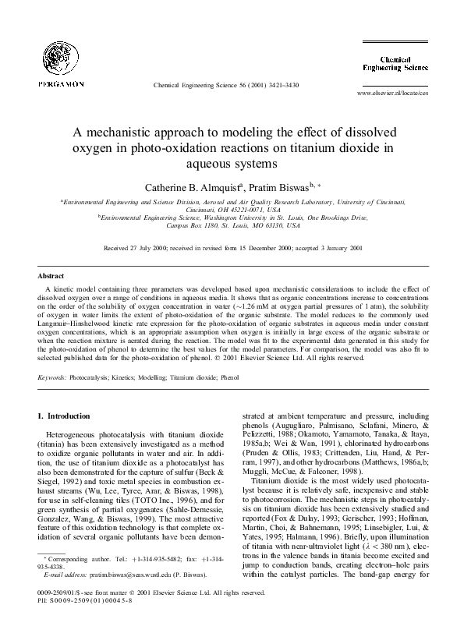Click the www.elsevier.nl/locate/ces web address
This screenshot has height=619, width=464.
391,92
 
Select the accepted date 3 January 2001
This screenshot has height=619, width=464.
339,249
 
